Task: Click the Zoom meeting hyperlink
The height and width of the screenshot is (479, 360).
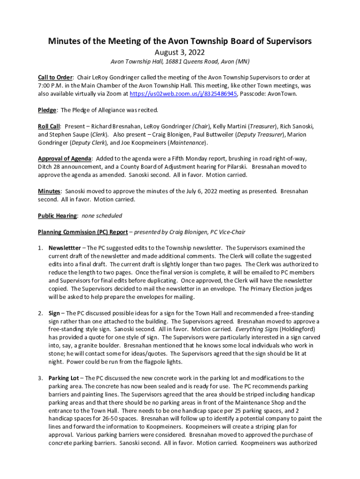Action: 183,94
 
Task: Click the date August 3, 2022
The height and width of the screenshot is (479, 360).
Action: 180,52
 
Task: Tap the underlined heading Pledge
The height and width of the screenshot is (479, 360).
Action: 47,110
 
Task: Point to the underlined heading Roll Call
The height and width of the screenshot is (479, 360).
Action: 49,126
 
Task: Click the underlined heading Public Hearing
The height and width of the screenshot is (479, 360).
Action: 58,216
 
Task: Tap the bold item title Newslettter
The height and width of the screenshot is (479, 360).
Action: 65,248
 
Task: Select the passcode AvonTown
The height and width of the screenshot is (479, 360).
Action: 280,94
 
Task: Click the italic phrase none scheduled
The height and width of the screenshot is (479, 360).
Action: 102,216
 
